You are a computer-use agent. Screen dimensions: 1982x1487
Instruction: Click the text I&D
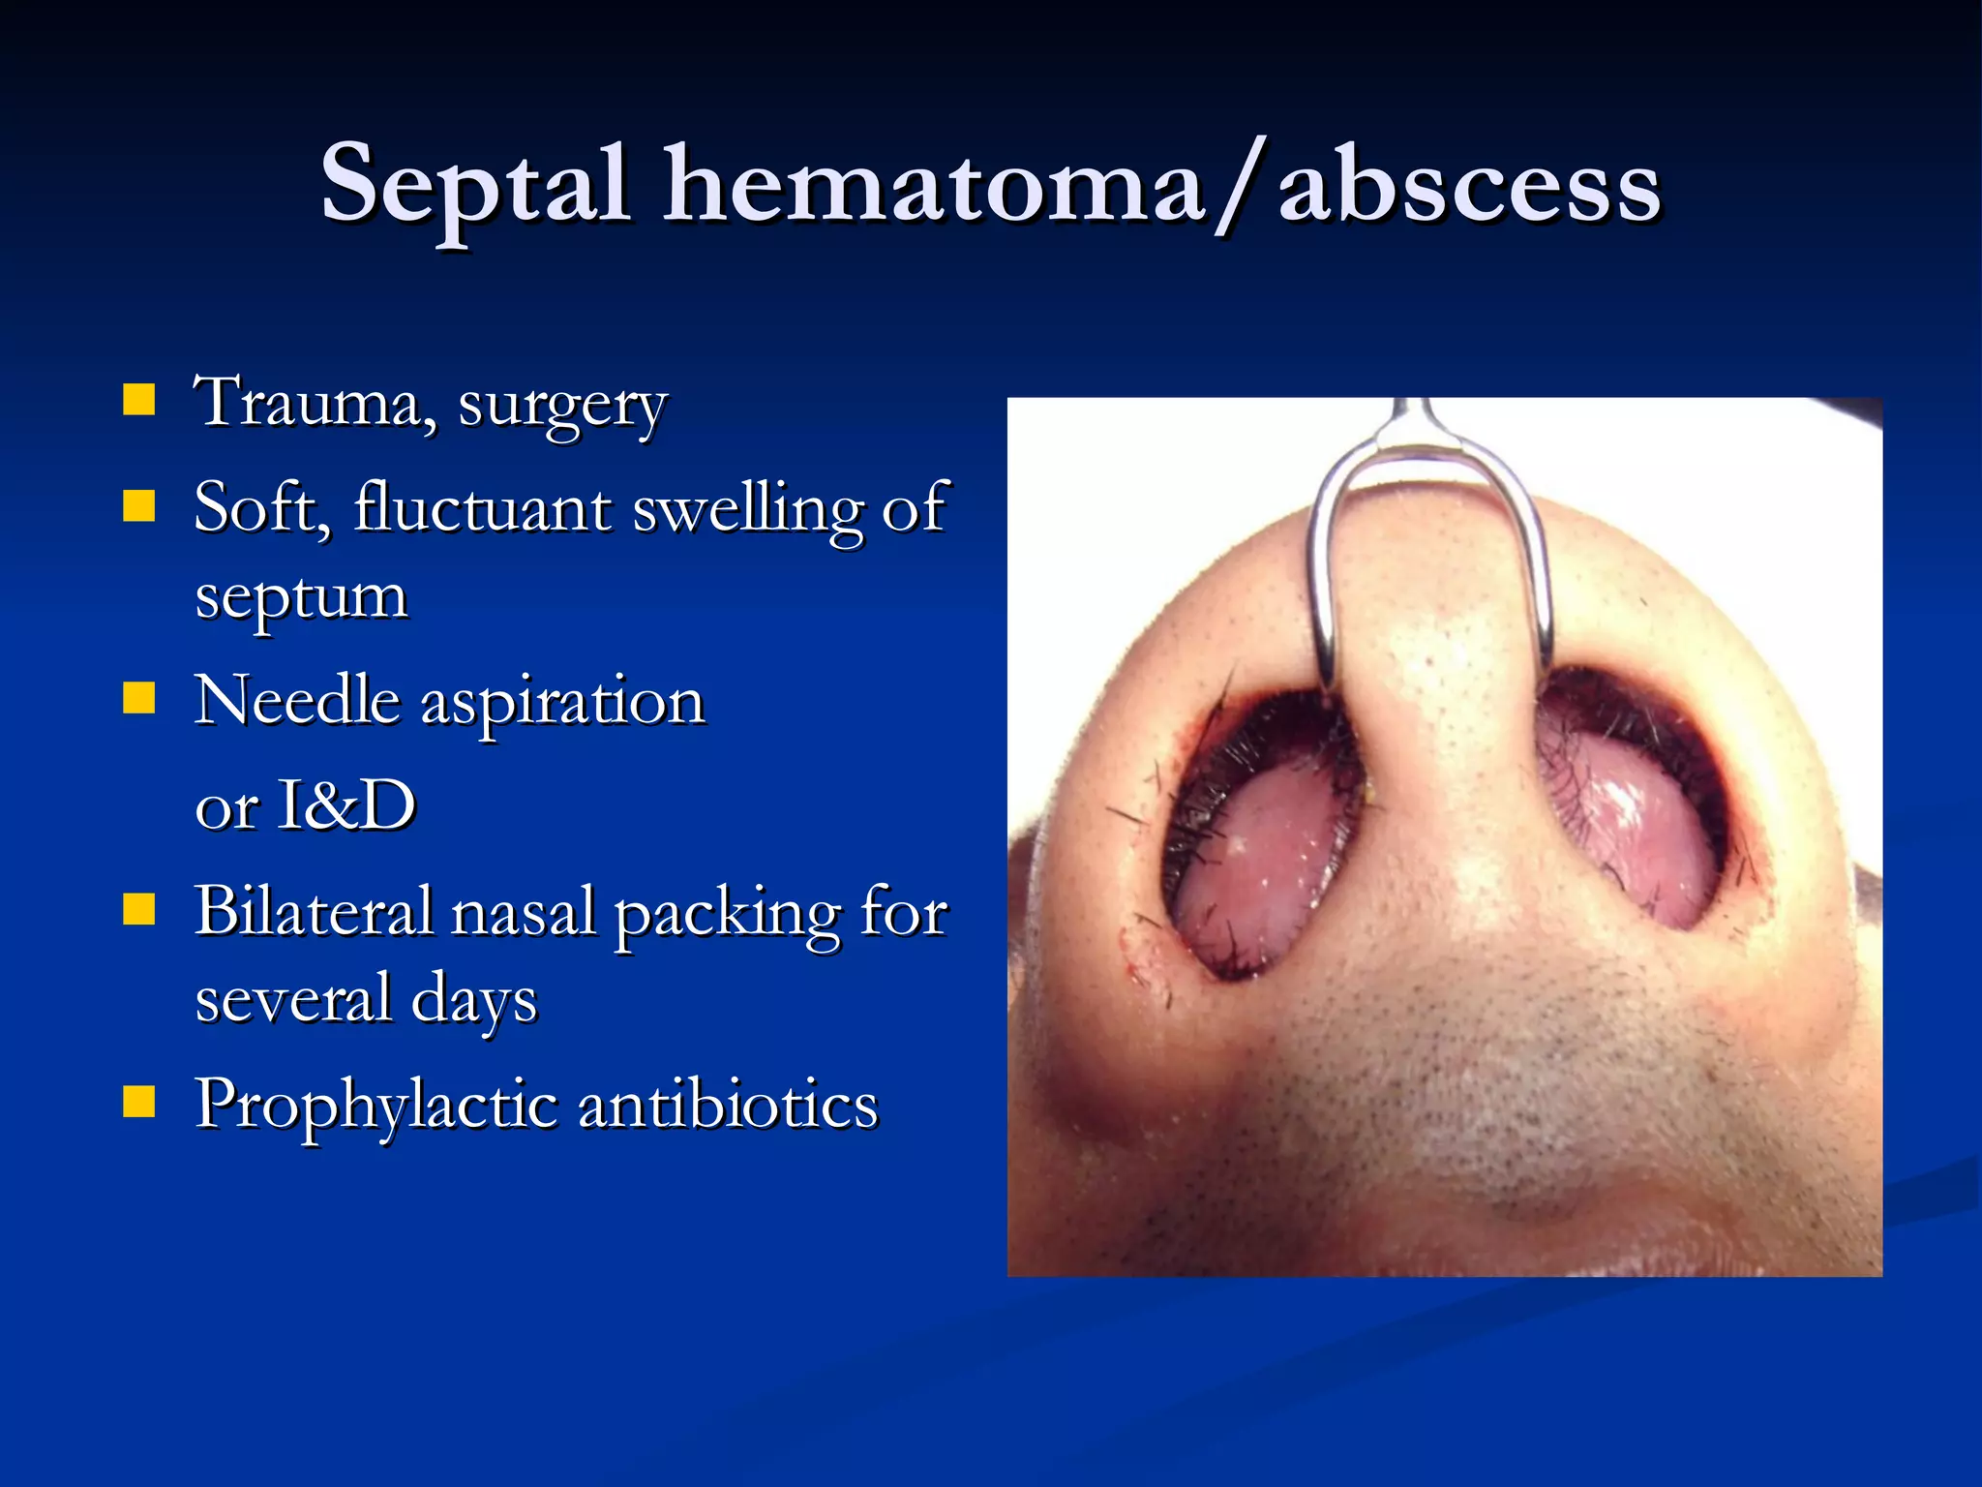(345, 805)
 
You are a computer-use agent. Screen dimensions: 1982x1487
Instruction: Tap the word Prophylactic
(375, 1107)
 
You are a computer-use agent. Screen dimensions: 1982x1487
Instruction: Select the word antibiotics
(728, 1103)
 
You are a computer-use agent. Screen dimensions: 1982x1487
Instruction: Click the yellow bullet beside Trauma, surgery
(139, 399)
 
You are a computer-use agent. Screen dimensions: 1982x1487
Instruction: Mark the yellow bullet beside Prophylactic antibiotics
(139, 1102)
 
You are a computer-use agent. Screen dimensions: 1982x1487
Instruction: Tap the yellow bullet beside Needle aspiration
(139, 697)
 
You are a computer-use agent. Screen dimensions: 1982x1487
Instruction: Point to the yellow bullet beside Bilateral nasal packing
(139, 909)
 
